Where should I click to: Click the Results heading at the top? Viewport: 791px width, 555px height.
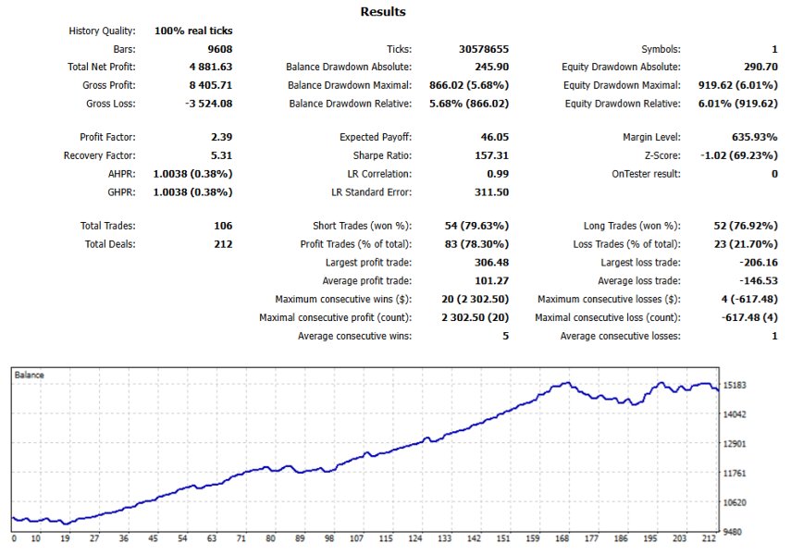click(x=383, y=12)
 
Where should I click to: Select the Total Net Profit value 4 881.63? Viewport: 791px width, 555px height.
click(x=211, y=67)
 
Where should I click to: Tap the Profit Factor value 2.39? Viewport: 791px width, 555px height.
click(x=221, y=137)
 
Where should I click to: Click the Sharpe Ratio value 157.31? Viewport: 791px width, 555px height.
click(x=491, y=155)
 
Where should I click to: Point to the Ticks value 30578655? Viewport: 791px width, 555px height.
click(x=484, y=49)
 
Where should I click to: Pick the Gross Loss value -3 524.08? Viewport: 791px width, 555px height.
click(x=208, y=104)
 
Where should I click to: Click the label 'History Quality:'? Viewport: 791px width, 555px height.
click(x=102, y=31)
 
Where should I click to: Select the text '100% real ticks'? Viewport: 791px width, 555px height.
click(x=193, y=31)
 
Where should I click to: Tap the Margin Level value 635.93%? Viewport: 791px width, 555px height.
click(x=755, y=137)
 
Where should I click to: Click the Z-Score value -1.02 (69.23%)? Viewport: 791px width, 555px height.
click(x=739, y=155)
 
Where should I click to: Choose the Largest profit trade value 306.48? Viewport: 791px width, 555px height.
click(x=491, y=263)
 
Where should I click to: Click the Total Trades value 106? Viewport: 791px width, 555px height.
click(x=223, y=226)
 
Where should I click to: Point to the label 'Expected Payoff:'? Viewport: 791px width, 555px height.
click(x=376, y=137)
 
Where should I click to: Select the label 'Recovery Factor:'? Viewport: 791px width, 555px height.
click(x=99, y=155)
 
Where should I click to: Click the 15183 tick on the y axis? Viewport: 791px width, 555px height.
click(x=735, y=386)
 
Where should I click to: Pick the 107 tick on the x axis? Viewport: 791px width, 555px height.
click(x=357, y=538)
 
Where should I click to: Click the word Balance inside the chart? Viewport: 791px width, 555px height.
click(x=30, y=375)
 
